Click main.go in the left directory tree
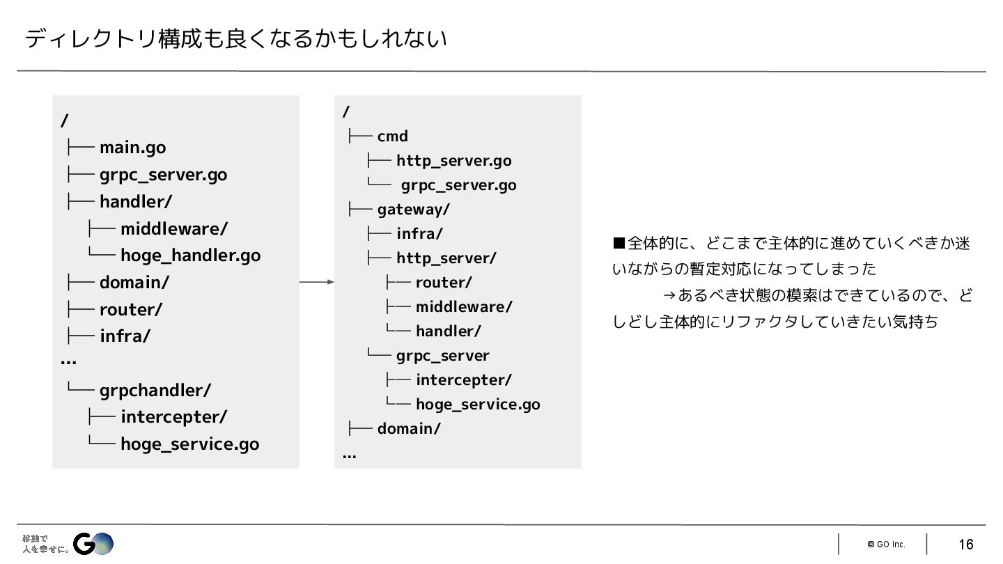click(x=132, y=148)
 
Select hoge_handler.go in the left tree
click(x=190, y=256)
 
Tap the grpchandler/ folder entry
click(x=155, y=391)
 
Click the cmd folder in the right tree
click(x=392, y=136)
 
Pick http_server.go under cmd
click(x=453, y=161)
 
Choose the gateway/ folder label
click(x=413, y=210)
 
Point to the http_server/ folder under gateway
click(x=446, y=258)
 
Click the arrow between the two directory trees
click(x=317, y=282)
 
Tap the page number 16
click(x=965, y=545)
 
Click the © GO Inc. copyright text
click(x=886, y=545)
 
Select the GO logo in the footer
click(x=93, y=543)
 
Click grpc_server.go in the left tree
click(x=163, y=175)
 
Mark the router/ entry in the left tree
click(x=130, y=309)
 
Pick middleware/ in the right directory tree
click(x=464, y=307)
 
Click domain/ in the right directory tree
click(x=408, y=429)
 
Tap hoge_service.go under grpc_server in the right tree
click(x=478, y=405)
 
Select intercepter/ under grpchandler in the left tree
click(x=173, y=417)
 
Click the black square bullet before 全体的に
click(x=619, y=243)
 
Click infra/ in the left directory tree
click(x=125, y=336)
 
